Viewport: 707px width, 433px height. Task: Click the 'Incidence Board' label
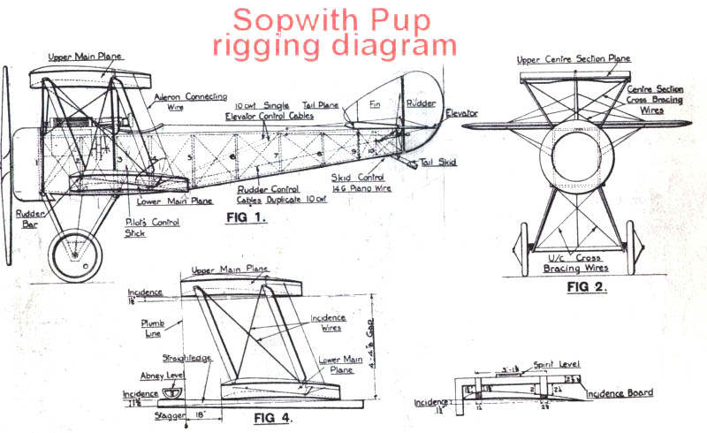pos(622,394)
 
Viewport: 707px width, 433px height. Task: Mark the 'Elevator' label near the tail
pos(460,114)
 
